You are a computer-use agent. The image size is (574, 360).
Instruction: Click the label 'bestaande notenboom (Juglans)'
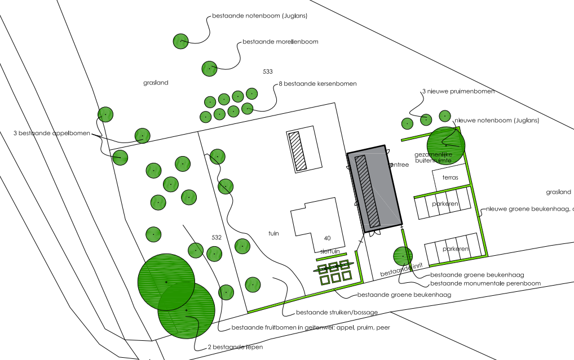259,16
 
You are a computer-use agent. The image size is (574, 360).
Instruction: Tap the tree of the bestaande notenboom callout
180,41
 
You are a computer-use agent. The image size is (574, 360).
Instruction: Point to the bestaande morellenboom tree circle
210,68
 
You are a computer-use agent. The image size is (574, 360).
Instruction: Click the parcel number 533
268,72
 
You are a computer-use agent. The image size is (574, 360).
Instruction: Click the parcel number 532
216,237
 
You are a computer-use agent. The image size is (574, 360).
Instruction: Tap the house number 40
327,238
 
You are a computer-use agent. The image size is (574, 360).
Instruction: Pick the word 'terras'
450,178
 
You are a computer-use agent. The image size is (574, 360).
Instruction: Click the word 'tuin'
273,233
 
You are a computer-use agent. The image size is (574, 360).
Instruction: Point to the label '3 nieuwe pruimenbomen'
458,91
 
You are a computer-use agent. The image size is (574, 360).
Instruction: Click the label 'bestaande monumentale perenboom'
485,283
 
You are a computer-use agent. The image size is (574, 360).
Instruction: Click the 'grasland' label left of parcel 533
156,83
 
